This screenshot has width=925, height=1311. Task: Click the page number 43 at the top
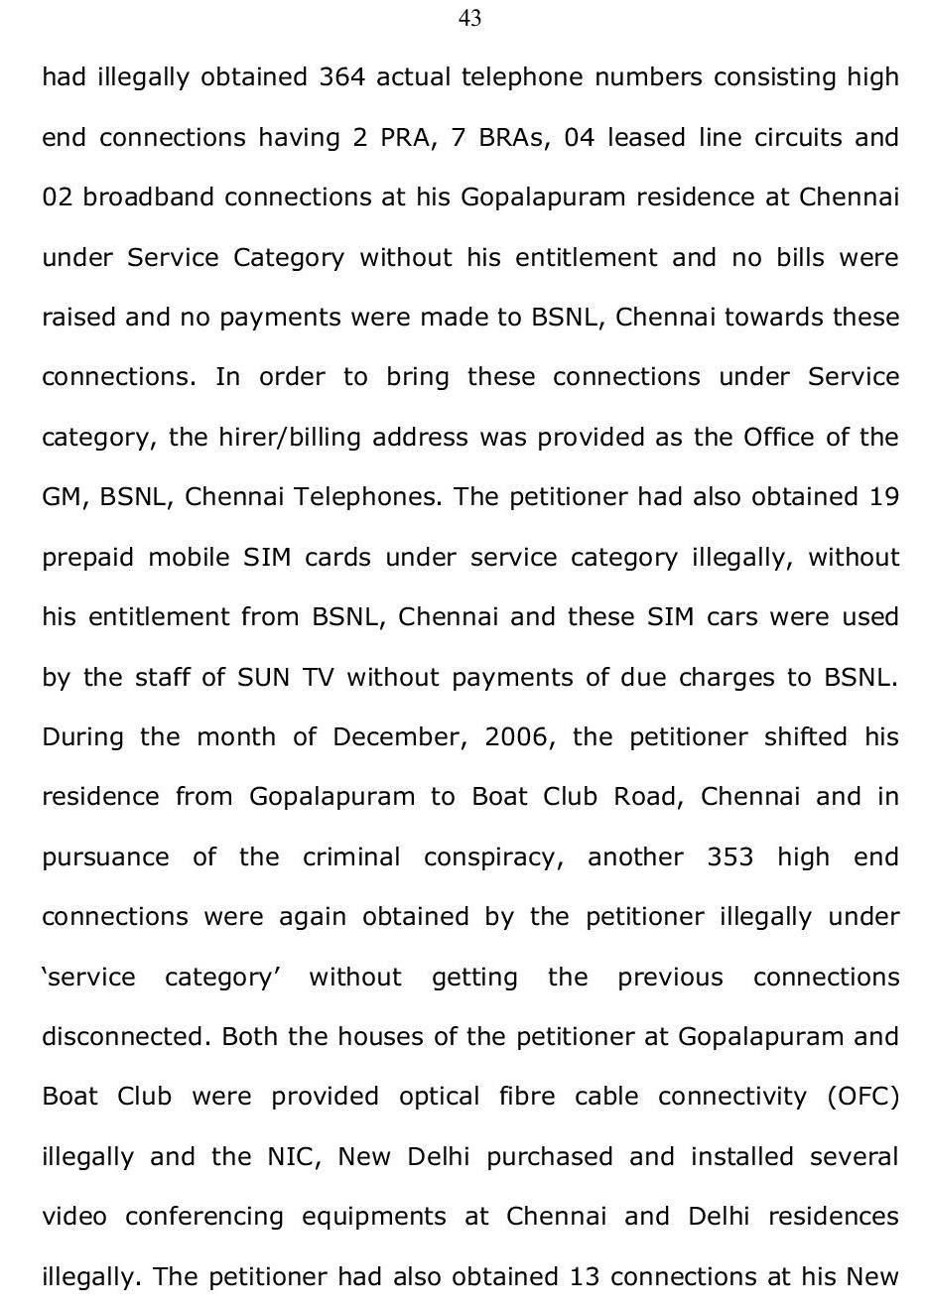470,19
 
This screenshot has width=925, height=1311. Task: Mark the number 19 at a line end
883,496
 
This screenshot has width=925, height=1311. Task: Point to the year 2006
516,737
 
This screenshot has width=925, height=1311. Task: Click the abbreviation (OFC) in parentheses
862,1097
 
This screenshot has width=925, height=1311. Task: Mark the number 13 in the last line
586,1276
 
